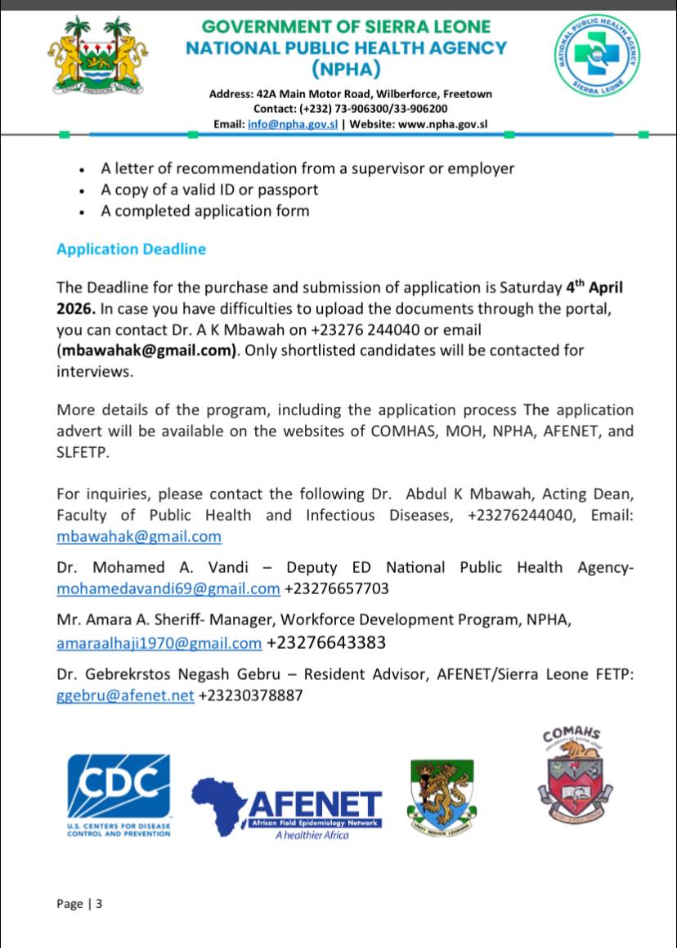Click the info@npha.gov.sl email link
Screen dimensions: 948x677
coord(292,124)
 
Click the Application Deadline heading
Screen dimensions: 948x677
coord(131,249)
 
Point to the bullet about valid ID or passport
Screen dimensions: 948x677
coord(209,190)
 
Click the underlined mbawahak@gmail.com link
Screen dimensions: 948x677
coord(139,537)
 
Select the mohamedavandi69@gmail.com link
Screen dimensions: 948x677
coord(168,589)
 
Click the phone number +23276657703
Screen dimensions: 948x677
coord(336,589)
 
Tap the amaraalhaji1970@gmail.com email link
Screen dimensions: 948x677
coord(159,643)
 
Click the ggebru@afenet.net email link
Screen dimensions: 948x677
coord(125,696)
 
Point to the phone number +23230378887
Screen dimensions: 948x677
coord(251,696)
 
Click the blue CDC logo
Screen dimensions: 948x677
coord(119,787)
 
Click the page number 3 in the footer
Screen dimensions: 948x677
coord(99,904)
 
